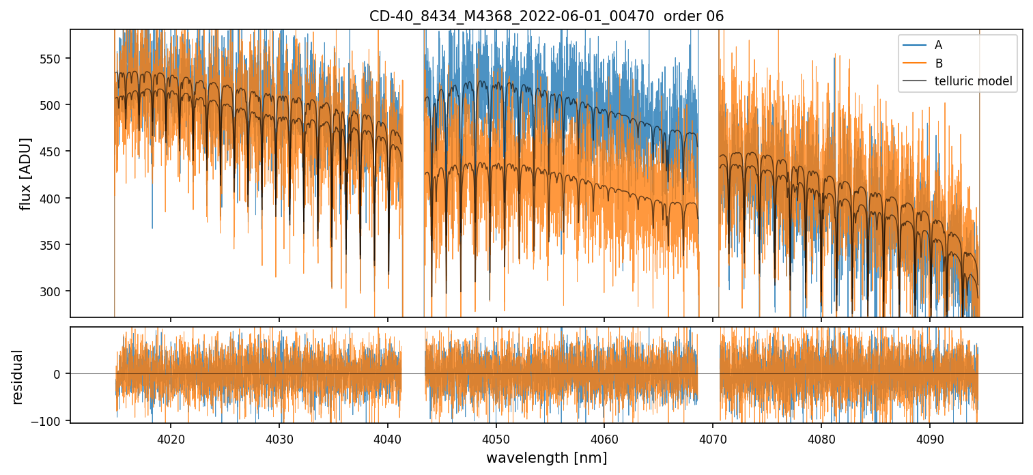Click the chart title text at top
(546, 16)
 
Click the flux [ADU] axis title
(26, 173)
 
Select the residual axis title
(18, 377)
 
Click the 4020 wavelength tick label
(170, 439)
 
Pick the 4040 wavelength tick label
(387, 439)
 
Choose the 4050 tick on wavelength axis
(496, 439)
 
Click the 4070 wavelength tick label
(713, 439)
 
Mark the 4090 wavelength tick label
(930, 439)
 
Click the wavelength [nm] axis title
(546, 457)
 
